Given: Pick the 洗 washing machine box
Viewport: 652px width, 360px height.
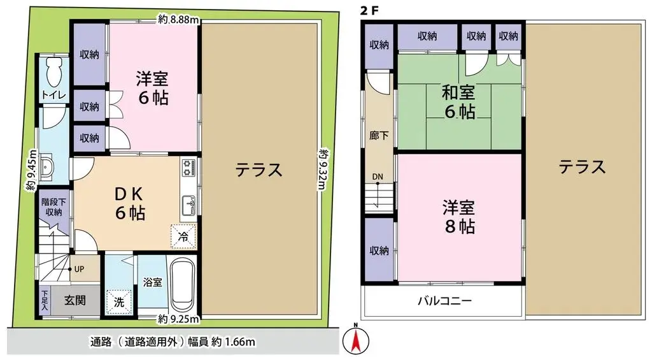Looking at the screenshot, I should tap(119, 303).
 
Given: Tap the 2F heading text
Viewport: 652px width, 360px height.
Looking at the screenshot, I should tap(369, 11).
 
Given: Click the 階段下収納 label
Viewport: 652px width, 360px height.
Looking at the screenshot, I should tap(53, 205).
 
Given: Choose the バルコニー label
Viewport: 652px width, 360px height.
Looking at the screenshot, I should tap(444, 301).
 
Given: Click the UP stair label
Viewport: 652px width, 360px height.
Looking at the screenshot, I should tap(79, 270).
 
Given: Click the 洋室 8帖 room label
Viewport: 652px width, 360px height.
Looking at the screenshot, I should tap(458, 217).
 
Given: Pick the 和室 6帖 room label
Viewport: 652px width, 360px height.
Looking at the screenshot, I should tap(458, 102).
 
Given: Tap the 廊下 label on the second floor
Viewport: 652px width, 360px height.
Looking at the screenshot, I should tap(376, 136).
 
